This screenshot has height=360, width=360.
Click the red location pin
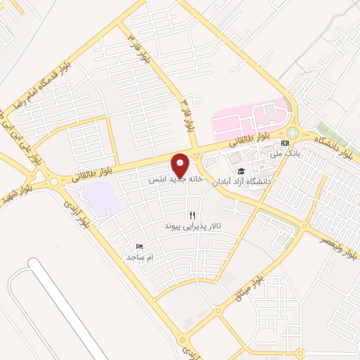181,165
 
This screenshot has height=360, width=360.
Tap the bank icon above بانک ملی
285,143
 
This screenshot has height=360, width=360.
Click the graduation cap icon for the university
240,171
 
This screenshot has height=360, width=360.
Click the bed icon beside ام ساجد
139,247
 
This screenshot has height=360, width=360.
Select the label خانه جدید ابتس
176,180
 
